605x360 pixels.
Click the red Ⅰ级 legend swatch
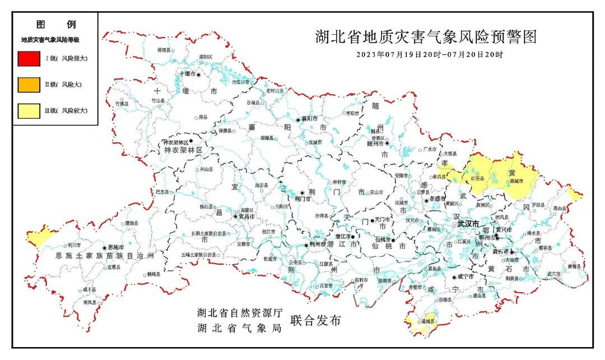(28, 58)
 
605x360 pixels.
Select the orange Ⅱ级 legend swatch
(28, 85)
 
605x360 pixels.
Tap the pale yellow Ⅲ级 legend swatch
(28, 111)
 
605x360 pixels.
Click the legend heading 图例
(55, 25)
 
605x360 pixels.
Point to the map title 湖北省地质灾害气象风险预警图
(426, 38)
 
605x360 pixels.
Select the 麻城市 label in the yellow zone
(516, 181)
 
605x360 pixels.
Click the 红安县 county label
(477, 177)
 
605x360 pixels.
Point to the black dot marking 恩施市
(104, 247)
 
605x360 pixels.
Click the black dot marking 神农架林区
(191, 141)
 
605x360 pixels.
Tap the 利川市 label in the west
(74, 245)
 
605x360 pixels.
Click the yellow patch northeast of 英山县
(574, 194)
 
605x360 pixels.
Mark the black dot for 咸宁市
(453, 277)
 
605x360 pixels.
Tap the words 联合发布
(315, 321)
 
